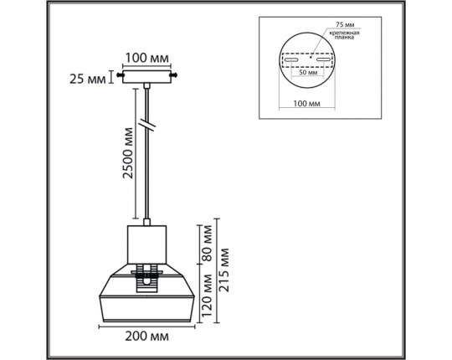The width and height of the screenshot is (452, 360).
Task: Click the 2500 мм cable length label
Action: click(128, 153)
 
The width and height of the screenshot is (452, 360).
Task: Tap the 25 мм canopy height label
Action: click(88, 79)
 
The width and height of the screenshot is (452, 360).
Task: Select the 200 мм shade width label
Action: click(146, 336)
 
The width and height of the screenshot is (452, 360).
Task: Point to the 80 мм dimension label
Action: click(208, 244)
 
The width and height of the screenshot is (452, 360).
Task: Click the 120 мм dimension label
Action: click(207, 296)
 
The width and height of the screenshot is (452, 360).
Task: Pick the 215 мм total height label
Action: click(223, 270)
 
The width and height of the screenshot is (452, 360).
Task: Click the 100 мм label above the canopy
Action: click(146, 59)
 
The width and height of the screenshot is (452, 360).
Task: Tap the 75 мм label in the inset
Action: click(345, 24)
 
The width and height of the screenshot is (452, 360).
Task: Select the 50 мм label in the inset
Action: click(308, 72)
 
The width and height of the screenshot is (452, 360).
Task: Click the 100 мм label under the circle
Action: click(306, 103)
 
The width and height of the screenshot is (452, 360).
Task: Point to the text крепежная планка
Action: click(345, 35)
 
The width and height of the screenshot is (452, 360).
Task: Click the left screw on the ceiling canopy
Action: click(120, 75)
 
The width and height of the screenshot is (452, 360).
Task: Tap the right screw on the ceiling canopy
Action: click(173, 75)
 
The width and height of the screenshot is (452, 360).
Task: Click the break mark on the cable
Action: click(147, 125)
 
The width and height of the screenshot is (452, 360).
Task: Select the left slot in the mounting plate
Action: click(291, 59)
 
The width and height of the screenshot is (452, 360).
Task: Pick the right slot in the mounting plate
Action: click(323, 59)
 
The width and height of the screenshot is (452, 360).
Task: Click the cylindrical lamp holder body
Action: click(146, 244)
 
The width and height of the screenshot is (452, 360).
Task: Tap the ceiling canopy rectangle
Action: click(146, 77)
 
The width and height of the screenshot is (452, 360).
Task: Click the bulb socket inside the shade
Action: click(147, 278)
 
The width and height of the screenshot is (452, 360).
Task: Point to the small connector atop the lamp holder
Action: click(147, 222)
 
